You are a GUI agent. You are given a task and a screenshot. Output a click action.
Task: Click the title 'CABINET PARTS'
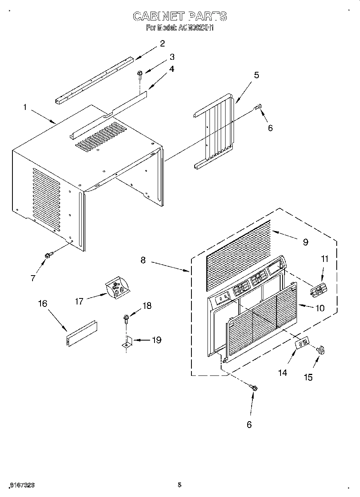[x=179, y=16]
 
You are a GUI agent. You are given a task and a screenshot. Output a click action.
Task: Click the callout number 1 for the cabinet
[x=25, y=107]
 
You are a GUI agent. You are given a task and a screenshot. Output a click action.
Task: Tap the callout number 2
[x=162, y=44]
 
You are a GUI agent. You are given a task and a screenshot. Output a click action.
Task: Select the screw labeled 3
[x=140, y=73]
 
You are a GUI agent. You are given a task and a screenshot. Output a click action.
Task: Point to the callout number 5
[x=256, y=75]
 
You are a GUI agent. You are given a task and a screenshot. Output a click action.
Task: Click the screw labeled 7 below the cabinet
[x=48, y=255]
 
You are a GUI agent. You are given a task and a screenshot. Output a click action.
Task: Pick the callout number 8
[x=143, y=260]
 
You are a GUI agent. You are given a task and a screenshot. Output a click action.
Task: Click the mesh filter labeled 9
[x=237, y=257]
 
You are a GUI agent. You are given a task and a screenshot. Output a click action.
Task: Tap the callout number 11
[x=325, y=259]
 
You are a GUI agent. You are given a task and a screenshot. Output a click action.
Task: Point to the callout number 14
[x=283, y=373]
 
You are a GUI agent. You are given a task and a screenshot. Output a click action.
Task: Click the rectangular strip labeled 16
[x=81, y=333]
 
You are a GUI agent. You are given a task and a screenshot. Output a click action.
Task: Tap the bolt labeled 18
[x=126, y=320]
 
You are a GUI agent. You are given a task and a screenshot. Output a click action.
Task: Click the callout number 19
[x=156, y=340]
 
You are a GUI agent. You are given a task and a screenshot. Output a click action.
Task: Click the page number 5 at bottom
[x=179, y=485]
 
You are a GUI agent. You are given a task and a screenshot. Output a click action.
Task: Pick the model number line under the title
[x=179, y=28]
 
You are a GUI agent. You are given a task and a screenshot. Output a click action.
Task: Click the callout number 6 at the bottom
[x=249, y=424]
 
